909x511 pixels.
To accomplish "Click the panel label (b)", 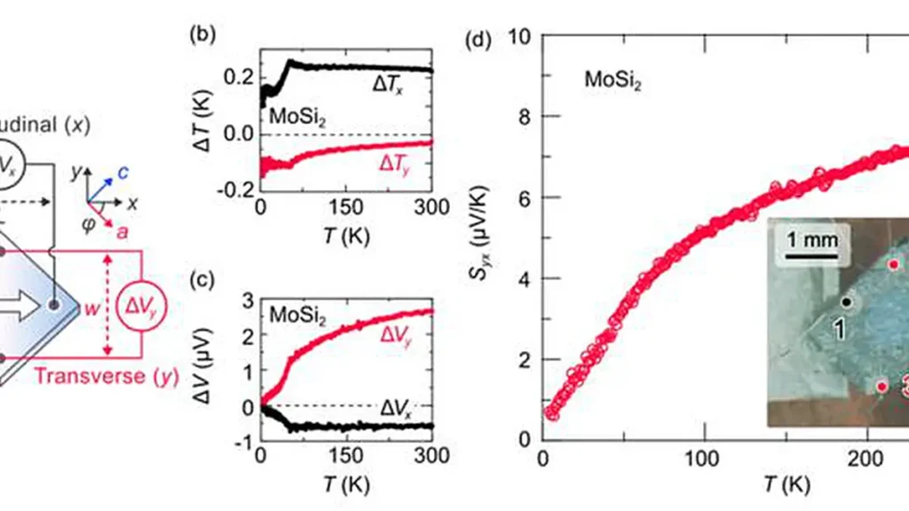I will tap(201, 36).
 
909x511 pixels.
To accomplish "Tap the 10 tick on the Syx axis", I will tap(523, 35).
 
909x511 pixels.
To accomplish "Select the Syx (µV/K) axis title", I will tap(485, 237).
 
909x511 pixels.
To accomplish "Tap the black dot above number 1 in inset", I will tap(847, 302).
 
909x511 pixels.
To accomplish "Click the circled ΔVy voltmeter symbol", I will tap(146, 306).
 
